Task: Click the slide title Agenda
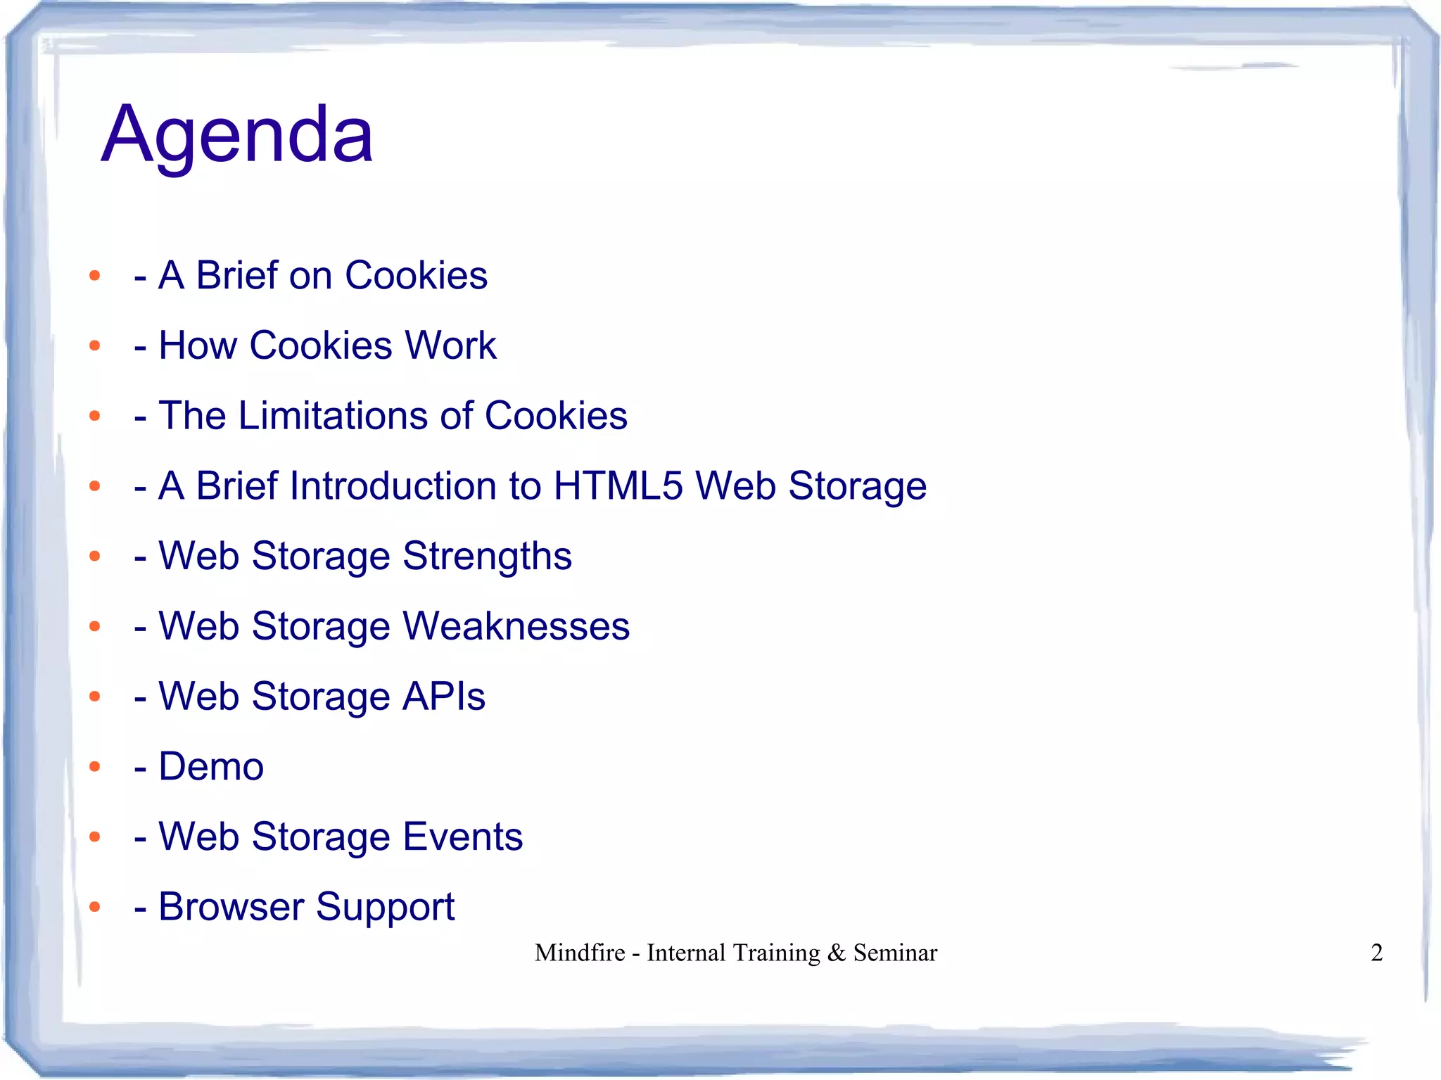point(237,135)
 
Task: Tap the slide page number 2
point(1376,953)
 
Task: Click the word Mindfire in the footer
point(580,953)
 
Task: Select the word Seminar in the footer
point(895,953)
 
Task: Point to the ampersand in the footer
point(837,953)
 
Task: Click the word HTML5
point(618,486)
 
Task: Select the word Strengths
point(487,557)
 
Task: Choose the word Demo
point(211,766)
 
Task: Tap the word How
point(198,345)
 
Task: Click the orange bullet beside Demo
point(95,766)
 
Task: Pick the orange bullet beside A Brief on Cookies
point(95,276)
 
